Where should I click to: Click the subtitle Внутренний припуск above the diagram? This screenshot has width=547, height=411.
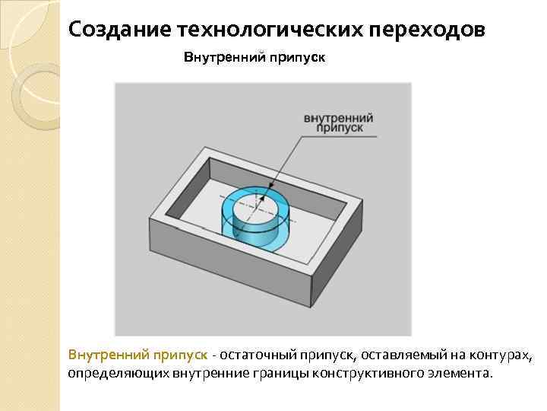coord(255,58)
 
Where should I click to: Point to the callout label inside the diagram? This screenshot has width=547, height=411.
coord(338,124)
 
